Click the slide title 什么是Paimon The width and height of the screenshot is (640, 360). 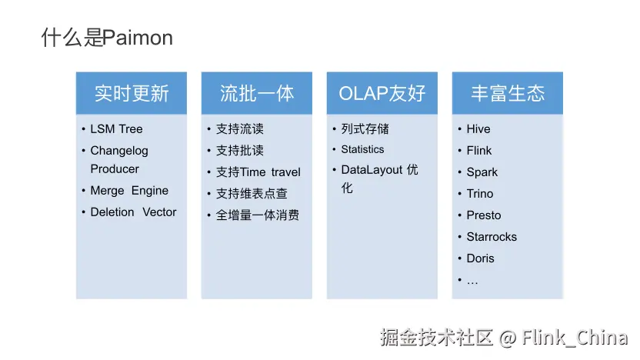coord(107,38)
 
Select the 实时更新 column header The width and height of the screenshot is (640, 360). coord(132,94)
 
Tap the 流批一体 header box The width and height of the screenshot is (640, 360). coord(257,94)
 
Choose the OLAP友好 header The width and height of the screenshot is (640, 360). coord(382,94)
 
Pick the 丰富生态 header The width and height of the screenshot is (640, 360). coord(508,94)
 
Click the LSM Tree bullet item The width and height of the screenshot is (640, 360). coord(116,129)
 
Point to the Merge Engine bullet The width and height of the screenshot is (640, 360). coord(129,191)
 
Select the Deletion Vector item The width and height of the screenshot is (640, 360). coord(133,212)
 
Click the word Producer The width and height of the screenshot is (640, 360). coord(115,169)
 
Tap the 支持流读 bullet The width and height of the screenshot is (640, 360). coord(240,129)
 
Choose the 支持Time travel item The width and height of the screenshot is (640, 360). coord(258,172)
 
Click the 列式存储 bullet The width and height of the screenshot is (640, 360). coord(365,129)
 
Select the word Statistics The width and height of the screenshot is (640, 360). coord(362,150)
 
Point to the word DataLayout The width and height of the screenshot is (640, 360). coord(372,170)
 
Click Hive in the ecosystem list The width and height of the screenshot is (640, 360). coord(478,129)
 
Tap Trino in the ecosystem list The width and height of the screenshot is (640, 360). coord(480,194)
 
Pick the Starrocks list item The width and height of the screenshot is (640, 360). coord(492,237)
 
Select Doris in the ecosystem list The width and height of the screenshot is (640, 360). coord(480,258)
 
